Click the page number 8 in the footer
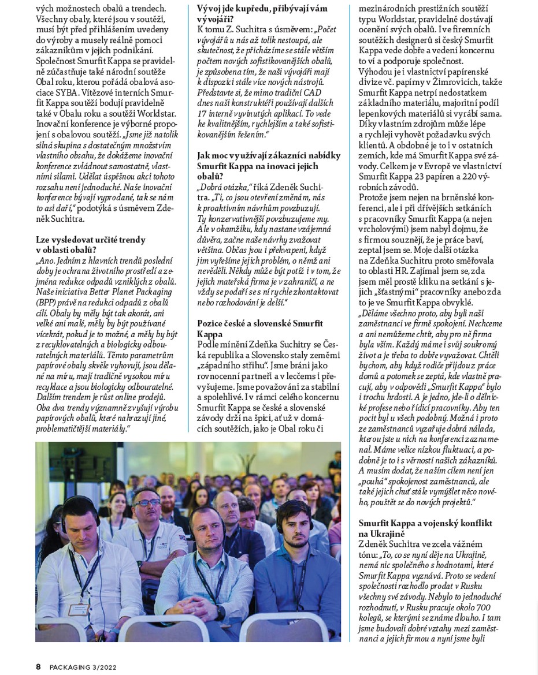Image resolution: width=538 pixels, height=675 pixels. (x=38, y=667)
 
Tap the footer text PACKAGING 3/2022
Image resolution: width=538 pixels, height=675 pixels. (x=83, y=667)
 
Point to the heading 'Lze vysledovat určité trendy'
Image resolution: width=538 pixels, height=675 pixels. (x=90, y=239)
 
